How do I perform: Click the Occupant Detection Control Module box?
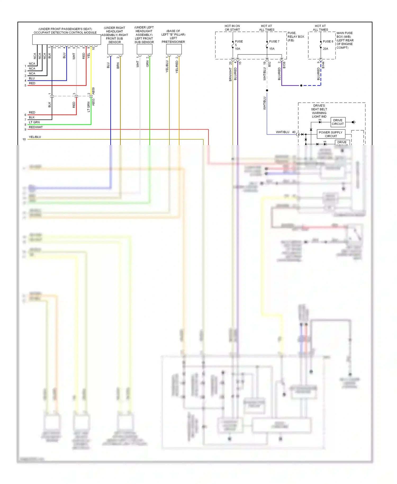click(66, 40)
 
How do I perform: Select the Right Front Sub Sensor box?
click(115, 49)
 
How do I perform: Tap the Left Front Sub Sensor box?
click(145, 49)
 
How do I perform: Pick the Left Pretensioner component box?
click(174, 49)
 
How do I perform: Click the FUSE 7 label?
click(274, 42)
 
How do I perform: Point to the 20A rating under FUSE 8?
click(325, 49)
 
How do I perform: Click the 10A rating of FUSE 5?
click(237, 49)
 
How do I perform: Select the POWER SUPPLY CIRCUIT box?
click(331, 134)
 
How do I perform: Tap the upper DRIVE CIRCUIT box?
click(338, 122)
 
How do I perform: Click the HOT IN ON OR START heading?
click(232, 28)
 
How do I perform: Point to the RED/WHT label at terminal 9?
click(36, 127)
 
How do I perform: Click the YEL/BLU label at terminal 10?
click(35, 137)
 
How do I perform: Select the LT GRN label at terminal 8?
click(34, 122)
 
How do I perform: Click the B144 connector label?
click(323, 65)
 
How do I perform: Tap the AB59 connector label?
click(93, 91)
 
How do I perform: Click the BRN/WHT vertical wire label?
click(230, 74)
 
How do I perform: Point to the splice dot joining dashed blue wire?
click(301, 86)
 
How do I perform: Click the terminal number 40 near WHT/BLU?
click(294, 132)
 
